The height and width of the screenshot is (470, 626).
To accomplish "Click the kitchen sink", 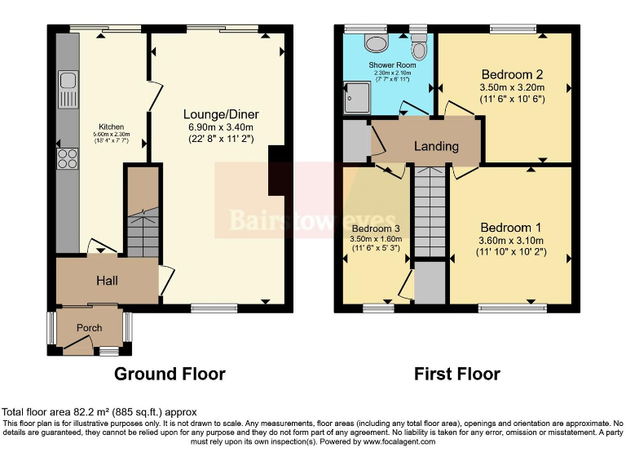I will (67, 89).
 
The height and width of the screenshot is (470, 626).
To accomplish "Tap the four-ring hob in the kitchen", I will (67, 157).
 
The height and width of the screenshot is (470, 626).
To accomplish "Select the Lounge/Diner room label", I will (218, 114).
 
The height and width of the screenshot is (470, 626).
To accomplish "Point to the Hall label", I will (107, 281).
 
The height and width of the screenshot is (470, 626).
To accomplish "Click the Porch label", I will (90, 328).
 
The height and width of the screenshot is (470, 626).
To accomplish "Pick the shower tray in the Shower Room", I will (356, 97).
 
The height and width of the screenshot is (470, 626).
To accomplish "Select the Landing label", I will (436, 147).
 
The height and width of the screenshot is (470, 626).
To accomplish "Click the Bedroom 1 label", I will (510, 227).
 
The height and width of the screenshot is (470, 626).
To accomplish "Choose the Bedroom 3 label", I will (374, 228).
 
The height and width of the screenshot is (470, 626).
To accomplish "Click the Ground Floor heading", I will (170, 375).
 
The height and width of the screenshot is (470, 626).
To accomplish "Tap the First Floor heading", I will (456, 375).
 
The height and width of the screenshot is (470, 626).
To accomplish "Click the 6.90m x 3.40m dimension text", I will (218, 126).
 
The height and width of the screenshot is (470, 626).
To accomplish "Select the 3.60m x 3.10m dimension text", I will (510, 240).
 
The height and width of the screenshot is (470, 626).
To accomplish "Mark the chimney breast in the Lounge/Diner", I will (277, 170).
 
